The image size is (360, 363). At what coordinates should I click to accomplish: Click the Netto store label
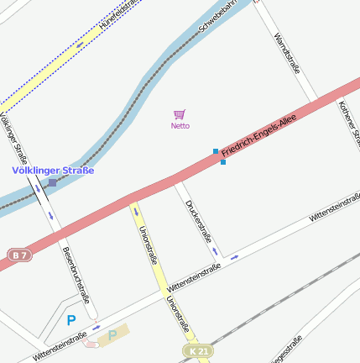pyautogui.click(x=180, y=126)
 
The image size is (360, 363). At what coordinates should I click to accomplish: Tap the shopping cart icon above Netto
pyautogui.click(x=179, y=114)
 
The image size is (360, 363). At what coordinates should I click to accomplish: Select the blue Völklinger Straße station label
pyautogui.click(x=53, y=171)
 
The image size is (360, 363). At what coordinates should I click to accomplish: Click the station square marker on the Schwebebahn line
pyautogui.click(x=52, y=182)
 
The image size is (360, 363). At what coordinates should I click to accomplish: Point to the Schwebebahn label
pyautogui.click(x=214, y=29)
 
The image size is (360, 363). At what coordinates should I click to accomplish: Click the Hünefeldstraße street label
pyautogui.click(x=117, y=16)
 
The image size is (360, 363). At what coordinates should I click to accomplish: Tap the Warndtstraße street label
pyautogui.click(x=287, y=55)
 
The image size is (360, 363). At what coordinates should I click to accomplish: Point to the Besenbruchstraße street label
pyautogui.click(x=76, y=274)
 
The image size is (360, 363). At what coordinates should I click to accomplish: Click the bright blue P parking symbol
pyautogui.click(x=71, y=320)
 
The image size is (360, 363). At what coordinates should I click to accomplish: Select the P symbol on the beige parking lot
pyautogui.click(x=112, y=334)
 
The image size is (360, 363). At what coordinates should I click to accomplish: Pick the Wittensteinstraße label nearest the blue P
pyautogui.click(x=60, y=346)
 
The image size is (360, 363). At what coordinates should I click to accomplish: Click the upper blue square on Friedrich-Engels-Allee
pyautogui.click(x=216, y=152)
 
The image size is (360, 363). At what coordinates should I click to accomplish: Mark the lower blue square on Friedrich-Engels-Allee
pyautogui.click(x=222, y=162)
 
